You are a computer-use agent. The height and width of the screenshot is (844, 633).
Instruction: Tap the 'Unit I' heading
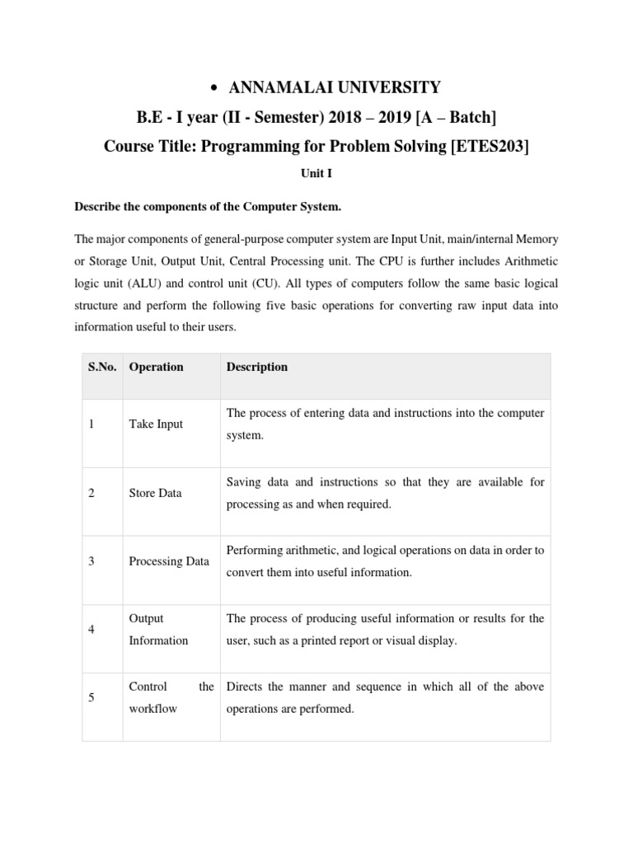coord(316,176)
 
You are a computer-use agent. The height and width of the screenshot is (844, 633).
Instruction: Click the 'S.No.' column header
coord(103,367)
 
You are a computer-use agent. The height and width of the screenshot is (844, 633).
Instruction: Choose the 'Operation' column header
coord(156,367)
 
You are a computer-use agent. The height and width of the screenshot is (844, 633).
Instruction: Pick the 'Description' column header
coord(257,367)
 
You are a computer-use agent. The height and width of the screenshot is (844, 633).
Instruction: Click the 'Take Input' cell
coord(156,424)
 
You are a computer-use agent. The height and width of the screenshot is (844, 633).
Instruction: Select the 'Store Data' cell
coord(156,493)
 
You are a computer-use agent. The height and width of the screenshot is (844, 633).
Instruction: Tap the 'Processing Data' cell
coord(169,561)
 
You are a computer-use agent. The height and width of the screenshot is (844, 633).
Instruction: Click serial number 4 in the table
coord(91,630)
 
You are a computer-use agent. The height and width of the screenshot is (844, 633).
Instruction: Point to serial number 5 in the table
coord(91,698)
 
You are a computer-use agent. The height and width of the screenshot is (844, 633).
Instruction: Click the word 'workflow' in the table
coord(152,709)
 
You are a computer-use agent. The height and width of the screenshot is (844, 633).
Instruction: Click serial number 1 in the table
coord(91,424)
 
